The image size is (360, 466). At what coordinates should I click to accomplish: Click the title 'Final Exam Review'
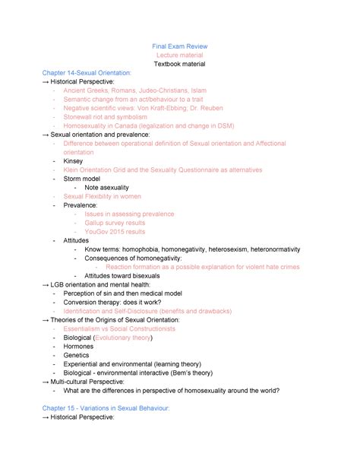[x=180, y=46]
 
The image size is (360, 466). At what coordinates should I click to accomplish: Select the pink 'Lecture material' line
[x=180, y=55]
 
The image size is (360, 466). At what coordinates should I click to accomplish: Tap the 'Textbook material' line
[x=180, y=65]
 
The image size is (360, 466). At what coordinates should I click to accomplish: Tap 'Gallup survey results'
[x=115, y=223]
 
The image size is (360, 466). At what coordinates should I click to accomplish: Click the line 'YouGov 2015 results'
[x=115, y=232]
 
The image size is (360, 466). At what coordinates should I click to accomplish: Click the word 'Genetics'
[x=77, y=355]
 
